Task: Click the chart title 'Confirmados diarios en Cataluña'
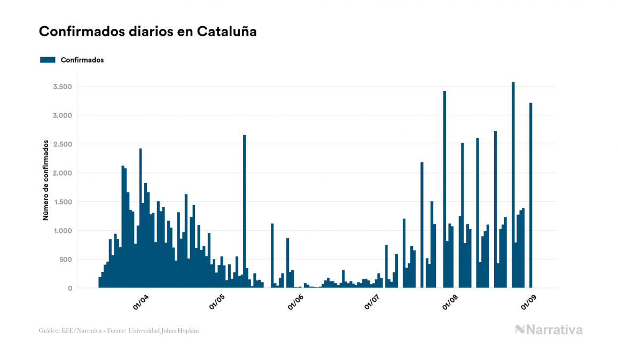148,32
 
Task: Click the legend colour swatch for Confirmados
48,60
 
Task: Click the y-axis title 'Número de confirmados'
46,181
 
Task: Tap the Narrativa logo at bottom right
549,330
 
